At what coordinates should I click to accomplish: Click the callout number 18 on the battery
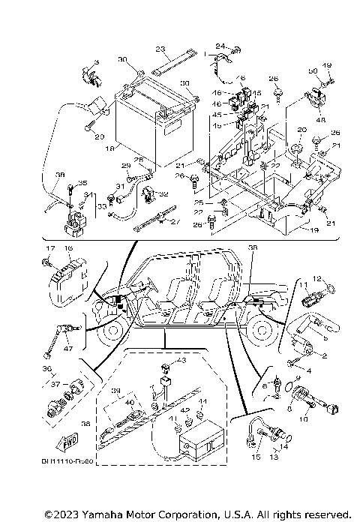coord(110,150)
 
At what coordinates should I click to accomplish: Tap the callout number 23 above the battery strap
coord(160,49)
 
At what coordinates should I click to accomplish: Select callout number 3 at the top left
coord(96,61)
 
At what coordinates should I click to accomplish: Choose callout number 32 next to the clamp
coord(164,193)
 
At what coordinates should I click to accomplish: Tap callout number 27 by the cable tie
coord(176,223)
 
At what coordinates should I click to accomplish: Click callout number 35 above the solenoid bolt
coord(82,184)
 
